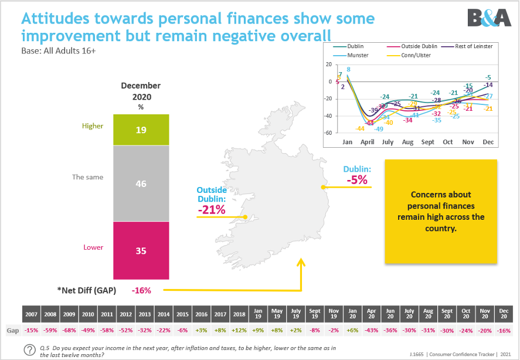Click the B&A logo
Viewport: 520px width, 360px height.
(490, 18)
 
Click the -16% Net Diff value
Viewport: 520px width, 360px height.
(141, 290)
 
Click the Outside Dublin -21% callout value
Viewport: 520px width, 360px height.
(212, 209)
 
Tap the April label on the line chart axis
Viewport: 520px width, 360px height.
(367, 142)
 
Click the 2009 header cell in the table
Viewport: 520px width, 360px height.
(69, 314)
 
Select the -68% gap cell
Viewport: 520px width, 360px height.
(69, 331)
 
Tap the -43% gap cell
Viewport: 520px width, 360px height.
(371, 331)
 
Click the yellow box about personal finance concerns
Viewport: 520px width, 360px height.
(441, 211)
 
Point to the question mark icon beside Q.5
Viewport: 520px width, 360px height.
(29, 351)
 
